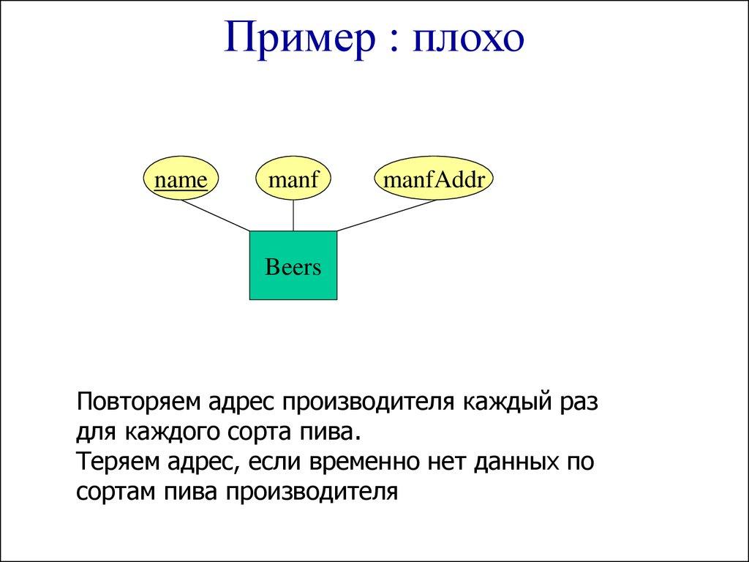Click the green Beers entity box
click(x=293, y=266)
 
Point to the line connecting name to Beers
click(x=215, y=216)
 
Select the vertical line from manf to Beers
click(x=293, y=216)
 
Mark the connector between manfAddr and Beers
click(x=388, y=215)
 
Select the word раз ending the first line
click(x=581, y=403)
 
